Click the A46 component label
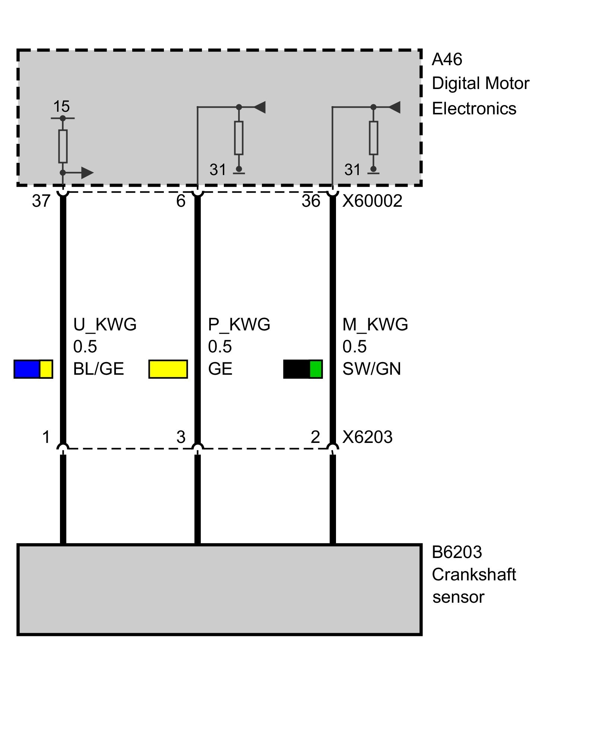pos(447,60)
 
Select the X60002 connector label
pos(372,201)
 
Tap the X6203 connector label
pos(367,437)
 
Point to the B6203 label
pos(457,552)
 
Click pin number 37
pos(41,201)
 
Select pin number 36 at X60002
pos(311,201)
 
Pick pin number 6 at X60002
pos(181,201)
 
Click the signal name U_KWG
pos(105,325)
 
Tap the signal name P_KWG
pos(239,325)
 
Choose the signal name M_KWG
pos(375,325)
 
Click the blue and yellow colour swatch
pos(33,369)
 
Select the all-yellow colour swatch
pos(168,369)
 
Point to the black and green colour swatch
pos(303,369)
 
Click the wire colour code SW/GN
pos(372,369)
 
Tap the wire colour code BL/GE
pos(99,369)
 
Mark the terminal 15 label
pos(61,107)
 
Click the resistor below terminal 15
pos(63,146)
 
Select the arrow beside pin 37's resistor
pos(78,173)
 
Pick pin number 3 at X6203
pos(181,437)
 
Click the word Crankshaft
pos(474,575)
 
